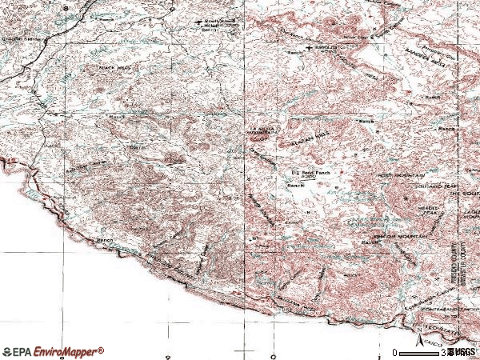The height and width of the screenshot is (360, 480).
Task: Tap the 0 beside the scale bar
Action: click(395, 352)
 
